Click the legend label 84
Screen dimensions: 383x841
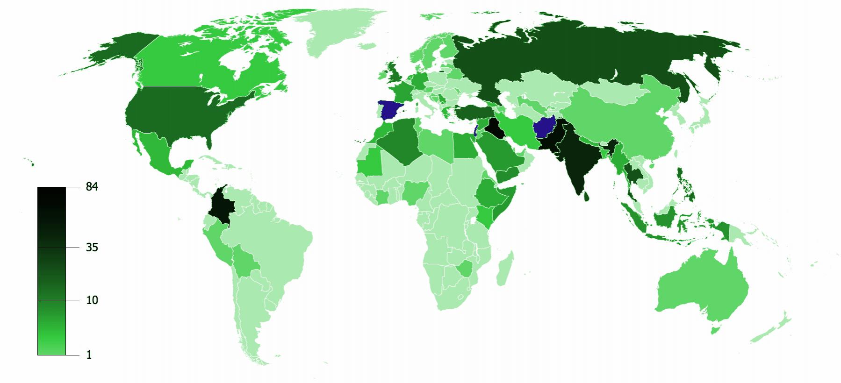click(92, 187)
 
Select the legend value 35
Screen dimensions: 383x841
click(92, 248)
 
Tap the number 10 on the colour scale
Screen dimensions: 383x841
click(92, 300)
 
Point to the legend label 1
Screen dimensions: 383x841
click(89, 355)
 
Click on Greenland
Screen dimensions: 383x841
click(337, 33)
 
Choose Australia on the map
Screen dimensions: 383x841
click(701, 285)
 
